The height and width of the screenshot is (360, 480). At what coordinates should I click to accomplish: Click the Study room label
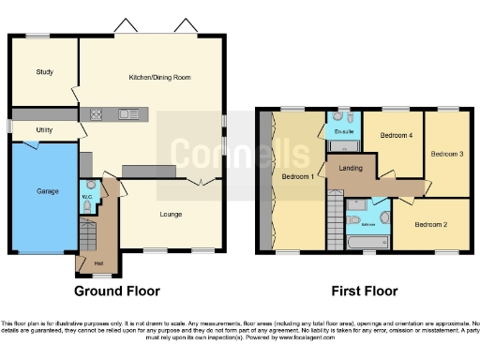point(44,72)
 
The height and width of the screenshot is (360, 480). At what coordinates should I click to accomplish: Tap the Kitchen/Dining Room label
point(159,78)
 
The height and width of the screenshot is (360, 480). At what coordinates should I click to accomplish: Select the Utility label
point(44,128)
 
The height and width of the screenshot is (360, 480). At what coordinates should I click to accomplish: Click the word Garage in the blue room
point(47,191)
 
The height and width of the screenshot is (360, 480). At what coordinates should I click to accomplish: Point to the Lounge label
point(171,215)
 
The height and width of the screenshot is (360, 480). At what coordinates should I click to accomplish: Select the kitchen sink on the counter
point(127,115)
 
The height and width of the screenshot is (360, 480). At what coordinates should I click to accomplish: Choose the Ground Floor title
point(117,292)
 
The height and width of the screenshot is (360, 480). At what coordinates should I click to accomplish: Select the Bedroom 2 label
point(431,224)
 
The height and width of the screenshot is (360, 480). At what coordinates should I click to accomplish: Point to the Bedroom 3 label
point(447,153)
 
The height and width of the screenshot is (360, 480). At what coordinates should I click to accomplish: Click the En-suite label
point(342,132)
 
